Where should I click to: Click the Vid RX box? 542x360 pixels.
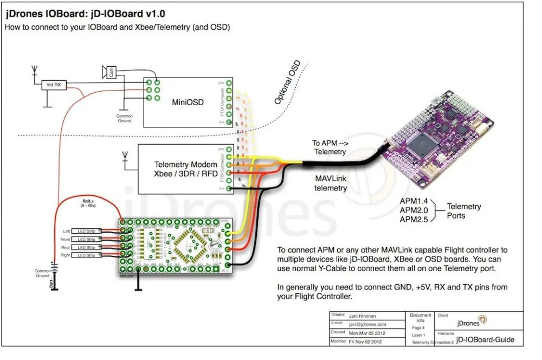tap(54, 85)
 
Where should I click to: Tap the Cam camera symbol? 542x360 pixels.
tap(109, 72)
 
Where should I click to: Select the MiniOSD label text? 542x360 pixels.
tap(188, 101)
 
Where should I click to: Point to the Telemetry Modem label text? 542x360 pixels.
tap(186, 164)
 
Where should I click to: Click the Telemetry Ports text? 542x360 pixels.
tap(463, 210)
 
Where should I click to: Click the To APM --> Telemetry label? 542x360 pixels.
tap(328, 148)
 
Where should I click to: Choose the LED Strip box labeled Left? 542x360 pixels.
tap(85, 231)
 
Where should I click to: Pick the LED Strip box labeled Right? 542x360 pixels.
tap(85, 255)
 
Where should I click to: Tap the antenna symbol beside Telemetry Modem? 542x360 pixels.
tap(124, 158)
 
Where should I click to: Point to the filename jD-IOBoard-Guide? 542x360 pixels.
tap(485, 340)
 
